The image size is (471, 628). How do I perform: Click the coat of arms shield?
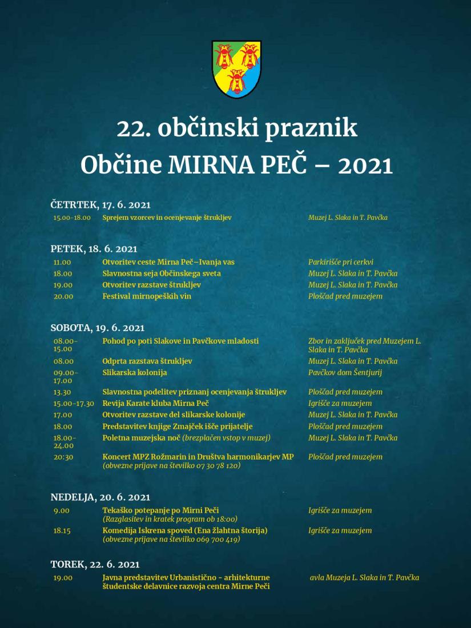click(x=236, y=69)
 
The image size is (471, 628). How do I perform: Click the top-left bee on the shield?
click(x=223, y=56)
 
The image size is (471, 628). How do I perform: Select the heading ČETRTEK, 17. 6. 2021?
click(x=100, y=205)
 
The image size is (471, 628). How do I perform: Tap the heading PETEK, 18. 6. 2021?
click(x=94, y=249)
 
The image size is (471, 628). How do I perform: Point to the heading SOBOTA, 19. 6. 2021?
click(x=98, y=328)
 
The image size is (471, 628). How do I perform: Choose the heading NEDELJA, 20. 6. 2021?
click(x=100, y=498)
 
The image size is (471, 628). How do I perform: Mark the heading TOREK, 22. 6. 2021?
click(x=95, y=565)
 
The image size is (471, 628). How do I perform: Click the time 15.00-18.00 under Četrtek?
click(x=72, y=218)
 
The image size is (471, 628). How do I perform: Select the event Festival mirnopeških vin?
click(x=147, y=297)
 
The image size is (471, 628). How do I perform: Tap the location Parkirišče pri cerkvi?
click(x=341, y=262)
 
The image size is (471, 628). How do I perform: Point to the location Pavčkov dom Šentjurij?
click(x=345, y=373)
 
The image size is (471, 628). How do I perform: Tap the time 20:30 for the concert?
click(x=63, y=457)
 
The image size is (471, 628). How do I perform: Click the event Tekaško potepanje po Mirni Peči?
click(x=161, y=510)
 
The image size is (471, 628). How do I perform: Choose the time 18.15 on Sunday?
click(x=62, y=531)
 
